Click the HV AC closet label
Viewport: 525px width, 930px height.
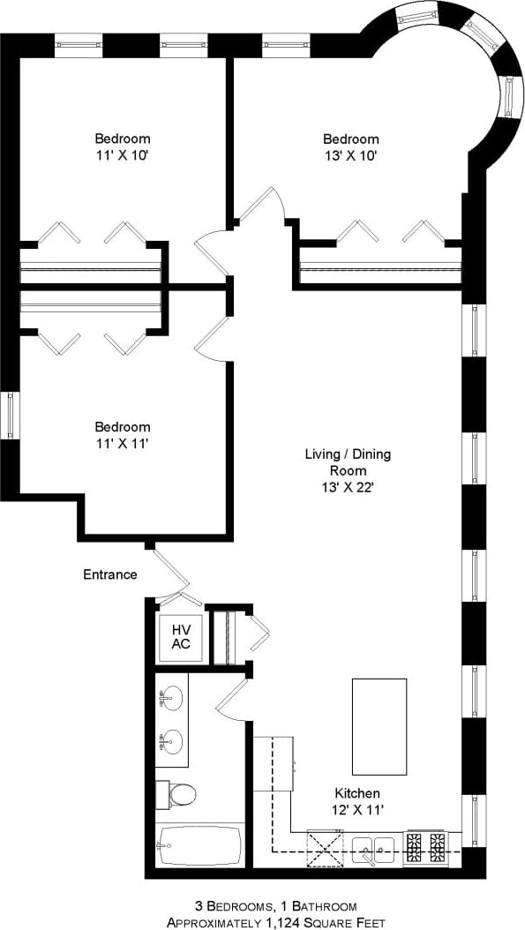[180, 636]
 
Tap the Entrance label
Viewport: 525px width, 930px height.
[110, 574]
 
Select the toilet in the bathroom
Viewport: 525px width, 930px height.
[176, 794]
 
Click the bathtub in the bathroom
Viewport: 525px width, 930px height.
[199, 846]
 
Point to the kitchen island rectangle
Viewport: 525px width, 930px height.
[379, 726]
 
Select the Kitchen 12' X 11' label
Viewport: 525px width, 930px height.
[357, 800]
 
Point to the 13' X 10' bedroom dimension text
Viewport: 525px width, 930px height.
[350, 155]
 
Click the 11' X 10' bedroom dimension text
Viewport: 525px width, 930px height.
[122, 155]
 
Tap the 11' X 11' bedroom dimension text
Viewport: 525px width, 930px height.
[122, 443]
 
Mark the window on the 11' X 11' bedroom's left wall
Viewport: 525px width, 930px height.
[10, 416]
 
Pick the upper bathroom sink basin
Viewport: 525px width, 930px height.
[171, 699]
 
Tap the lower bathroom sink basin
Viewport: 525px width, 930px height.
[171, 741]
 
